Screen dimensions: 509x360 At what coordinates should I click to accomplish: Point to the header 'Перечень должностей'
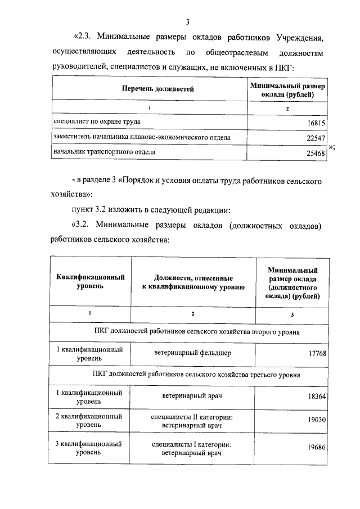[x=150, y=89]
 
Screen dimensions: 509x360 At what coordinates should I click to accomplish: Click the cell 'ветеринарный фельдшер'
[x=192, y=353]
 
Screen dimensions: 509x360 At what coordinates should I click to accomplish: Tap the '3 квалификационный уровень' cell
[x=89, y=448]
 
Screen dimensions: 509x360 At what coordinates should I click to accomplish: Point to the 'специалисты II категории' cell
[x=192, y=417]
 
